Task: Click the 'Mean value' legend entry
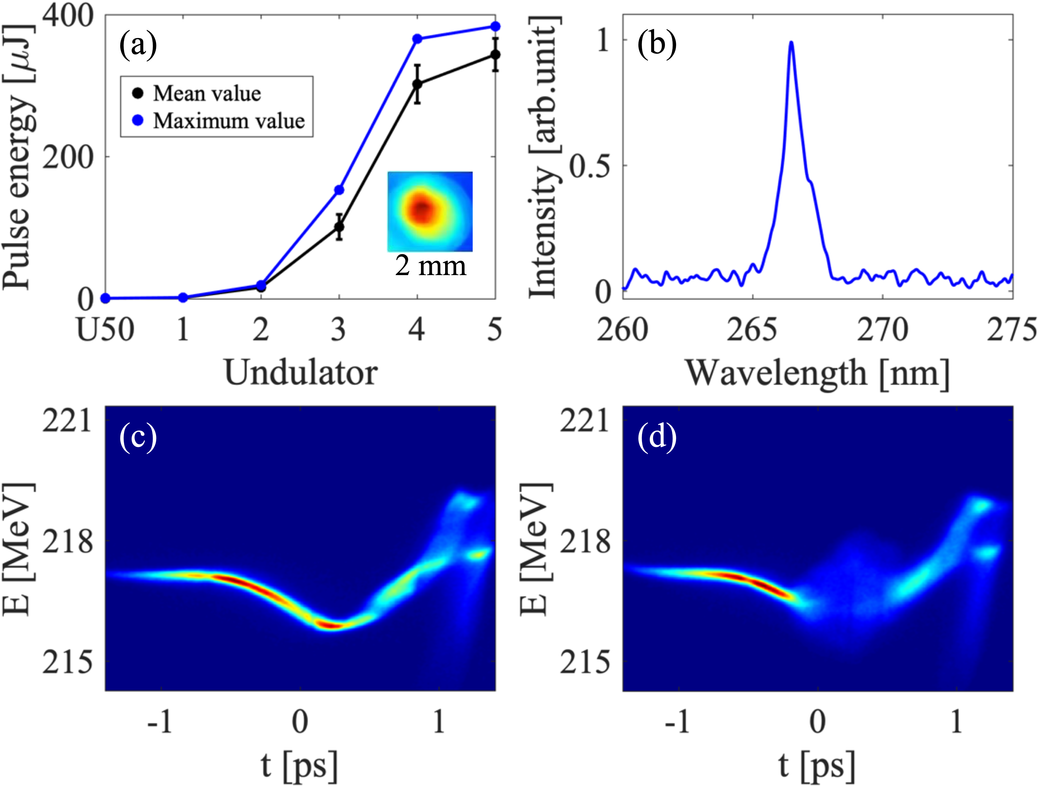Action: (207, 93)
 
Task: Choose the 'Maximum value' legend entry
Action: (229, 121)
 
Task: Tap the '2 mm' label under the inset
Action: (430, 266)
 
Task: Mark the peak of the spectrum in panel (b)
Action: (791, 42)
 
